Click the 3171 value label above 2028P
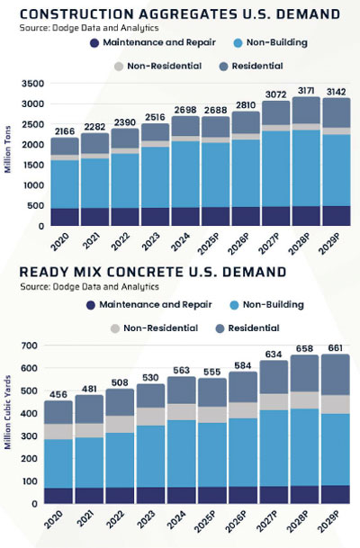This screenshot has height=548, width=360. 306,91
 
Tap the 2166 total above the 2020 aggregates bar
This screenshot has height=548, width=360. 65,131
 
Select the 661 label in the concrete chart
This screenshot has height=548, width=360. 335,348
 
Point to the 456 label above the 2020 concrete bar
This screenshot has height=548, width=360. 58,394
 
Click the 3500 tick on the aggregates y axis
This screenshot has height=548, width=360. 33,84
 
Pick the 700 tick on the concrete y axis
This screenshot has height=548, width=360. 30,346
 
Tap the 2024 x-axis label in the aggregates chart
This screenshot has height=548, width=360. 180,241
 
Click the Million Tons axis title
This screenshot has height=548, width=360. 8,149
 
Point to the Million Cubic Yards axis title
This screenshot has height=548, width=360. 8,412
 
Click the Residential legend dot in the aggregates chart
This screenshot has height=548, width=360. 224,67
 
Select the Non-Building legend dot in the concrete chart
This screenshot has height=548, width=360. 234,305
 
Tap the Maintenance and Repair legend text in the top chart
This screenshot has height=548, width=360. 159,42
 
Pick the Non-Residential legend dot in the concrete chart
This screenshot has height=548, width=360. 115,328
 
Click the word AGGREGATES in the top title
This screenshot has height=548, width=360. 188,14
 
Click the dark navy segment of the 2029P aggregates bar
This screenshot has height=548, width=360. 337,216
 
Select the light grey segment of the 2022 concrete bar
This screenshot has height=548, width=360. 120,425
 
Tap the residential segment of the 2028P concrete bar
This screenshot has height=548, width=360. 304,373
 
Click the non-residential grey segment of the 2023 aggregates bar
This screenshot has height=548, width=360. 155,144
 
